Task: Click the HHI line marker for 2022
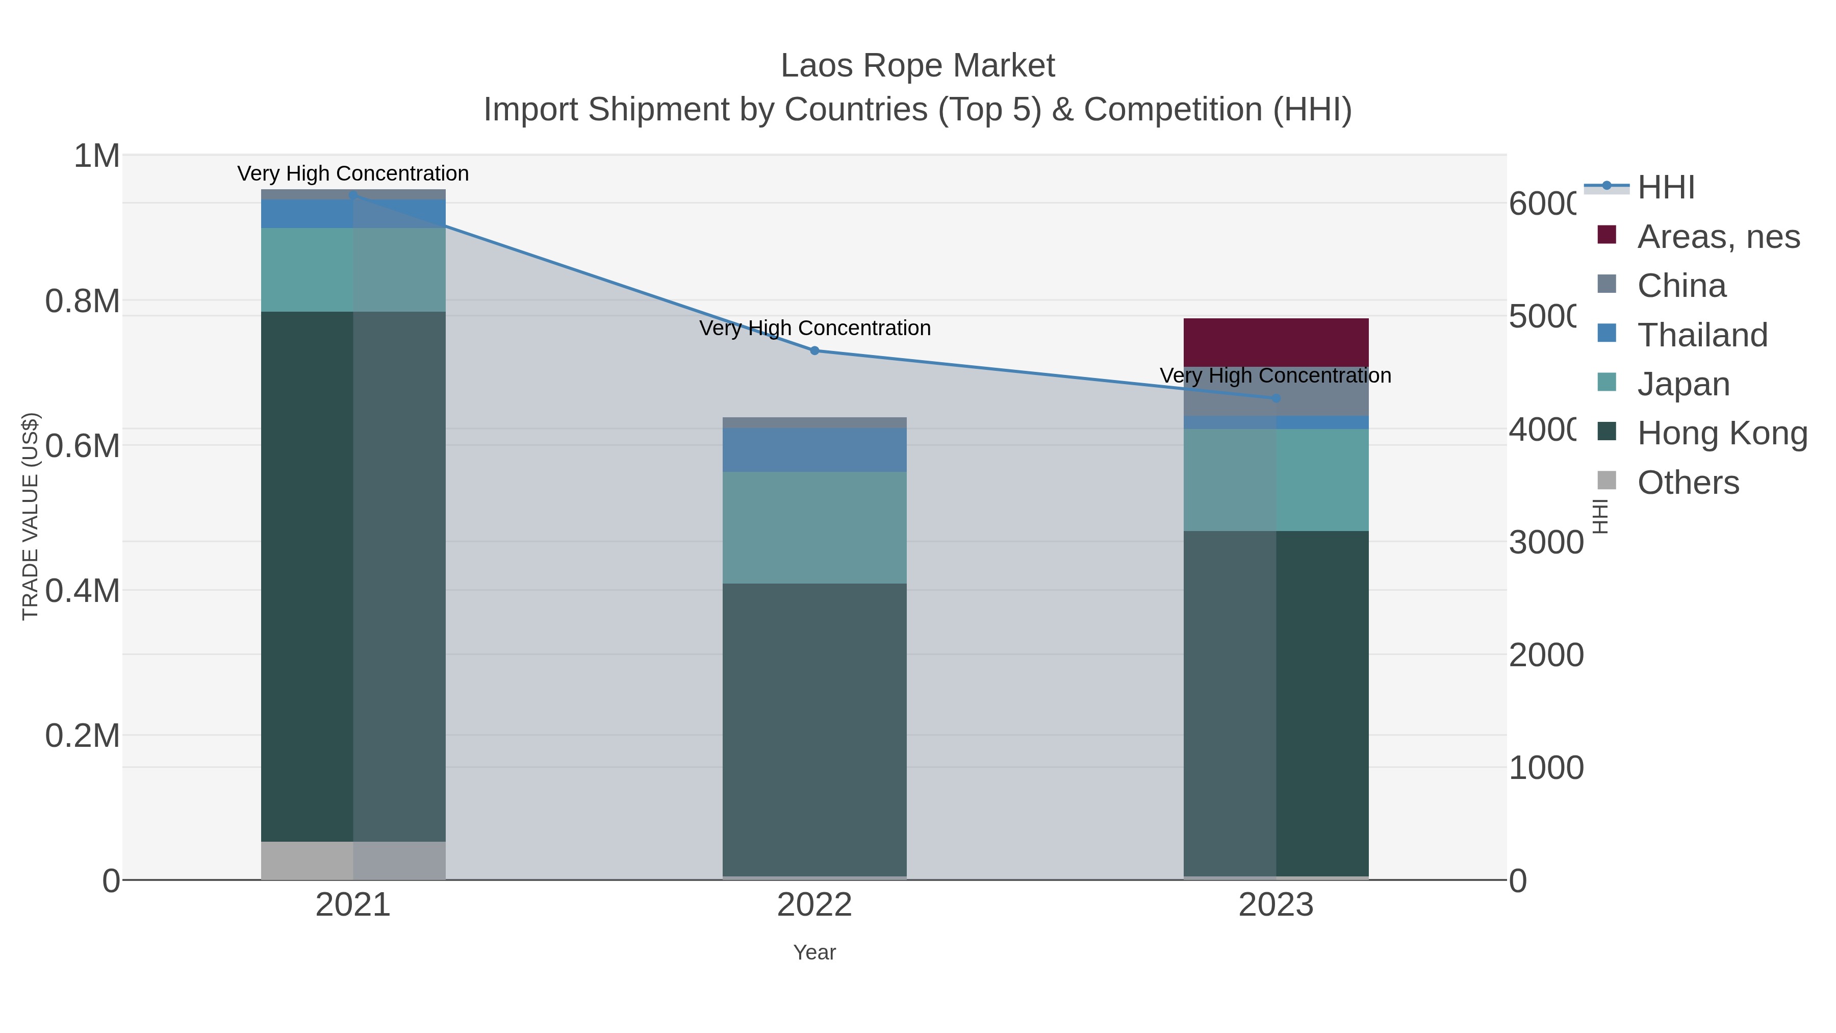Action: [x=814, y=351]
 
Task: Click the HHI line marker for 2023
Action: [x=1276, y=398]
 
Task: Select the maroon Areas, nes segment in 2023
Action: [x=1276, y=342]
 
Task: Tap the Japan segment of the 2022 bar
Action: [x=814, y=527]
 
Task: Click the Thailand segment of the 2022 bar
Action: [x=814, y=450]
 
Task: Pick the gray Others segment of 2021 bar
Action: [x=353, y=861]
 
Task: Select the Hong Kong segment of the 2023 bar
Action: [x=1276, y=703]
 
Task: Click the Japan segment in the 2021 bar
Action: [x=353, y=269]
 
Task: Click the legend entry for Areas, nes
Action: [x=1718, y=237]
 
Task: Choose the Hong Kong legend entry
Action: [x=1721, y=433]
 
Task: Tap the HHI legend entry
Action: [x=1665, y=188]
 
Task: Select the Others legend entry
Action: [x=1687, y=483]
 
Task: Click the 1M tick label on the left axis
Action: [x=97, y=156]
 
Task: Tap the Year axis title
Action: [x=814, y=952]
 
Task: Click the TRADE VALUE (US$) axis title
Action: [x=30, y=516]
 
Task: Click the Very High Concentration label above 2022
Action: [x=814, y=328]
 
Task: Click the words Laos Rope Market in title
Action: [x=917, y=66]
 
